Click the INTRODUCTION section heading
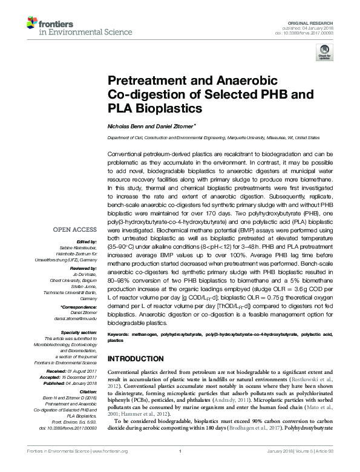(140, 358)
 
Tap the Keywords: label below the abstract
(119, 334)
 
